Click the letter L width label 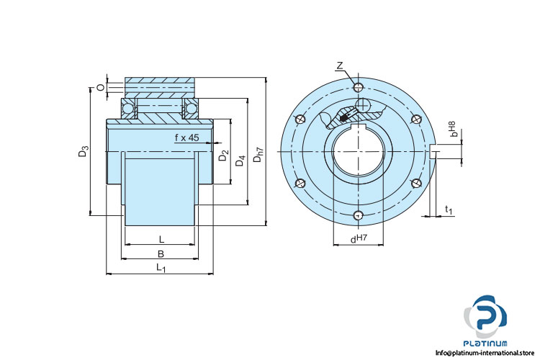click(x=161, y=238)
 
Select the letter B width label click(x=161, y=253)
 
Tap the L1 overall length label click(x=161, y=269)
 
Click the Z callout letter click(x=339, y=66)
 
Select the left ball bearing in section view click(x=129, y=109)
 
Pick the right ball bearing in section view click(x=192, y=109)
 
